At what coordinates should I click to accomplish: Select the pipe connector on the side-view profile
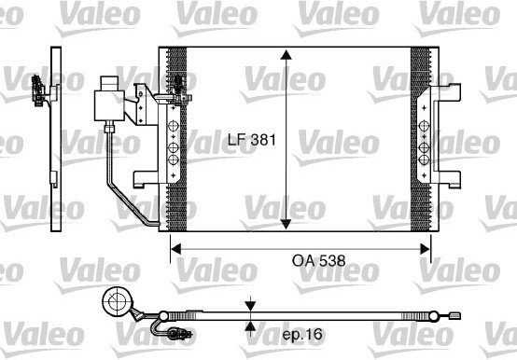(x=39, y=89)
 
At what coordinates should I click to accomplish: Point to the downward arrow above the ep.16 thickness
(x=250, y=307)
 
